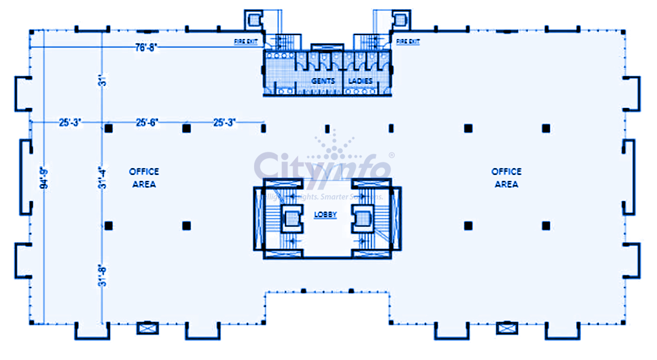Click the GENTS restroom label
click(323, 81)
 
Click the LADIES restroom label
click(360, 81)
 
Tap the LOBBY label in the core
click(326, 214)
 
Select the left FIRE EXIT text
click(246, 42)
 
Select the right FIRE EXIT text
click(408, 42)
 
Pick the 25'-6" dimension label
click(147, 123)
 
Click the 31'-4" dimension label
click(103, 177)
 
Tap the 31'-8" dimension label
click(103, 275)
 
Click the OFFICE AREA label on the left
click(144, 178)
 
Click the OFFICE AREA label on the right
click(506, 178)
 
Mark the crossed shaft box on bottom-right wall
click(507, 328)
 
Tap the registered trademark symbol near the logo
click(392, 155)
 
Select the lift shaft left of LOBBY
click(291, 219)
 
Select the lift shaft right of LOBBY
click(363, 219)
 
